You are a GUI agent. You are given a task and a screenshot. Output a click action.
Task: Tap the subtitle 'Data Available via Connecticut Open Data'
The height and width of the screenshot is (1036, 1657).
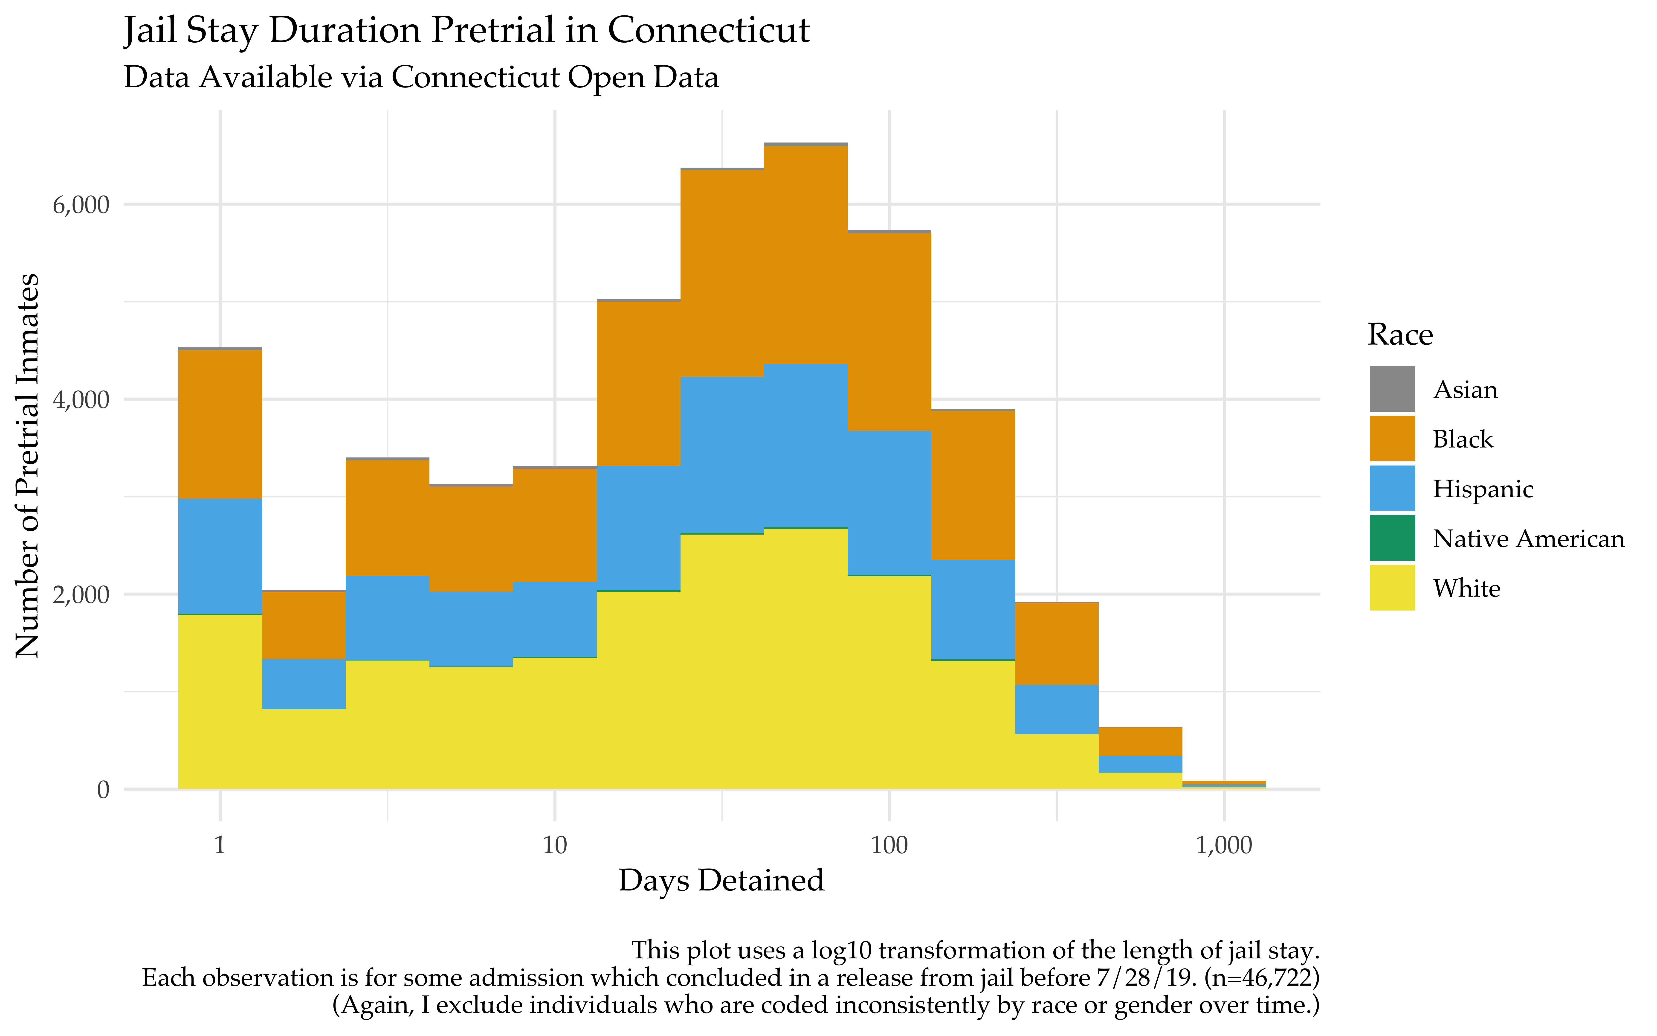click(x=421, y=77)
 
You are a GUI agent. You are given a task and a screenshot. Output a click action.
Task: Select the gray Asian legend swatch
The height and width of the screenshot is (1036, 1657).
click(x=1392, y=389)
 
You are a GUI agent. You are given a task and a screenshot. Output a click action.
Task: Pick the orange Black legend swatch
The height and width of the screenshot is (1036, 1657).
click(x=1392, y=439)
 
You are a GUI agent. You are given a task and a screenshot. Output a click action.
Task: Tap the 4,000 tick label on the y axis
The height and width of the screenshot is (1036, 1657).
click(x=81, y=399)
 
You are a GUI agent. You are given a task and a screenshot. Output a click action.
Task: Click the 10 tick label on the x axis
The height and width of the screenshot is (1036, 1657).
click(x=555, y=846)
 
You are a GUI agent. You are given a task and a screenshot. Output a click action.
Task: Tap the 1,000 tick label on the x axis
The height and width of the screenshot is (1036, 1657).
click(x=1224, y=846)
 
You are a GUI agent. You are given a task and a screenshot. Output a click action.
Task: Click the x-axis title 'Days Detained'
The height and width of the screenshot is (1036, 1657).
click(x=721, y=880)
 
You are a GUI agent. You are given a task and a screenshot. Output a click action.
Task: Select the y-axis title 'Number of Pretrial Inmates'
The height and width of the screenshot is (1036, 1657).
click(x=27, y=466)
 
